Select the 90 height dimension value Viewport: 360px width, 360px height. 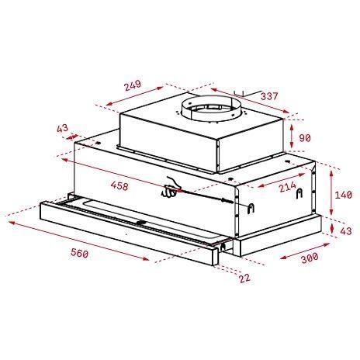pyautogui.click(x=306, y=137)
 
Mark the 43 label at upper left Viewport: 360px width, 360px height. pyautogui.click(x=63, y=128)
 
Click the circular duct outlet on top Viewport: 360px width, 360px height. pyautogui.click(x=209, y=109)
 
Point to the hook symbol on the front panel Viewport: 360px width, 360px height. pyautogui.click(x=252, y=206)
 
